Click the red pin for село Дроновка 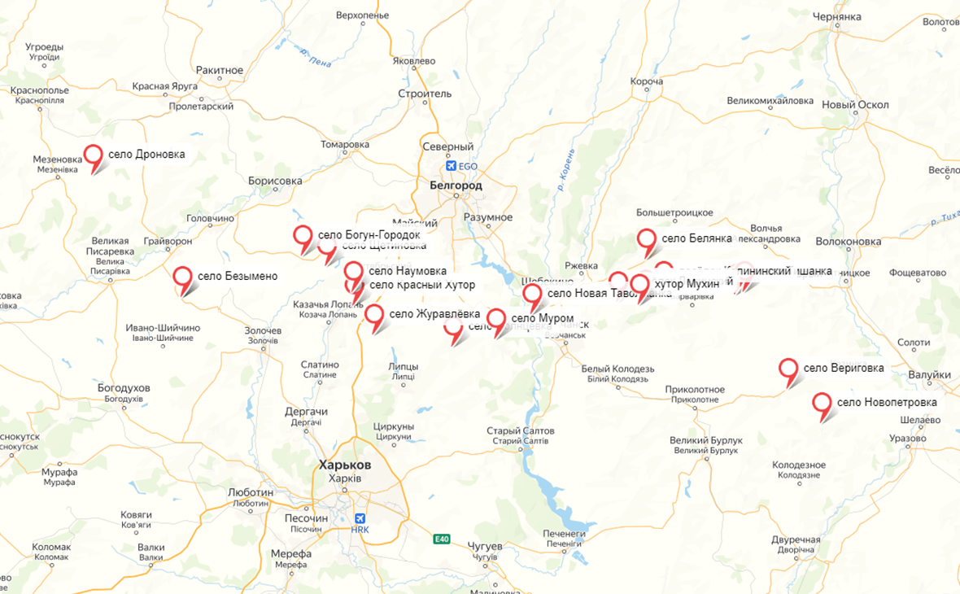(94, 155)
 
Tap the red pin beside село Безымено (184, 277)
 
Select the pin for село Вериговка (788, 369)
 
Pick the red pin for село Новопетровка (823, 403)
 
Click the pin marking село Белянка (647, 239)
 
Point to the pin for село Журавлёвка (374, 315)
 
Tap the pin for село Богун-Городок (303, 236)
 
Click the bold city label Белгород (456, 186)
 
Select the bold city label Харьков (345, 464)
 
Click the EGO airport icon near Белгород (451, 166)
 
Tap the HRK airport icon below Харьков (360, 518)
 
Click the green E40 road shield (442, 539)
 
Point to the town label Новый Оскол (855, 105)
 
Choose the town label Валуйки (930, 375)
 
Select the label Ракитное (219, 70)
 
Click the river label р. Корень (567, 169)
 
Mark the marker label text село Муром (543, 317)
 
